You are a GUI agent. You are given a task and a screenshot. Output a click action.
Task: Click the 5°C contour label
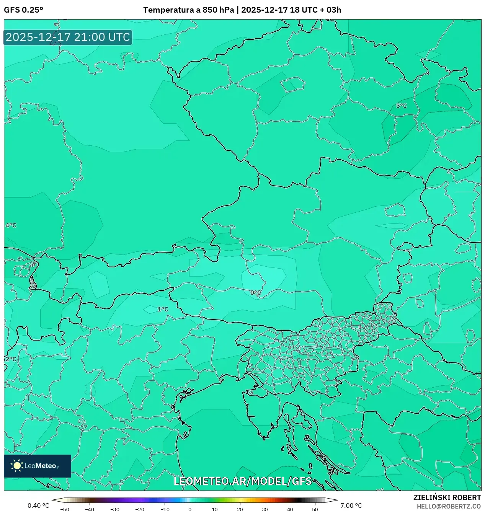[x=402, y=106]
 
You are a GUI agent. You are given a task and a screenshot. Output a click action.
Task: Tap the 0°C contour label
[x=256, y=293]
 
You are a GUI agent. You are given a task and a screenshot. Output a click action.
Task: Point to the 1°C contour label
[x=163, y=309]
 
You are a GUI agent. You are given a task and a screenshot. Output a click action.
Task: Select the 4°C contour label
[x=11, y=225]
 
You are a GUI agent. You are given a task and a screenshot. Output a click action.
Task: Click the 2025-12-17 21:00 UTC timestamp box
[x=68, y=37]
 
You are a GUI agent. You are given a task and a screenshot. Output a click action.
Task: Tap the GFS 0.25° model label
[x=23, y=10]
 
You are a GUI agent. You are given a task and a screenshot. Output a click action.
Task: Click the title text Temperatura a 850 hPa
[x=188, y=10]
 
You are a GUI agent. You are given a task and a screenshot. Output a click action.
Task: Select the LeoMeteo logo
[x=38, y=466]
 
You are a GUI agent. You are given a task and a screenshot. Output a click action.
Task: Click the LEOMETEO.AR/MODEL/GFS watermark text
[x=243, y=481]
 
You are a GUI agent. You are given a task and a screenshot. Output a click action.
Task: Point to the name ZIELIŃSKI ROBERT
[x=447, y=497]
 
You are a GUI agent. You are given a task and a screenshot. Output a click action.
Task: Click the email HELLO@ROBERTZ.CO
[x=449, y=506]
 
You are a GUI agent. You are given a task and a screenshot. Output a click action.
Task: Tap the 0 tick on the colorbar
[x=190, y=509]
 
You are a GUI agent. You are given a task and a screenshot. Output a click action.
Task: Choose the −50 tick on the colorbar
[x=65, y=509]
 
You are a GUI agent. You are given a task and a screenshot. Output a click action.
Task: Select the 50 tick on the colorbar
[x=315, y=509]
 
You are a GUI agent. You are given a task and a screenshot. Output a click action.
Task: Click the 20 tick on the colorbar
[x=240, y=509]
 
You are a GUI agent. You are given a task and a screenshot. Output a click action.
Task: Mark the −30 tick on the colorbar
[x=115, y=509]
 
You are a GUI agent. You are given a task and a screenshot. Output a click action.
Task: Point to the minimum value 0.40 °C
[x=38, y=505]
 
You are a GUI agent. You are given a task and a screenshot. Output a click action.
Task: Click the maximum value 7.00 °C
[x=351, y=505]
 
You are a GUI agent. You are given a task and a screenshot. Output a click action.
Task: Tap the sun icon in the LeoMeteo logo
[x=17, y=466]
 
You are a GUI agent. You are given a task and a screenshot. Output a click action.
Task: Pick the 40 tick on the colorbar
[x=290, y=509]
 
